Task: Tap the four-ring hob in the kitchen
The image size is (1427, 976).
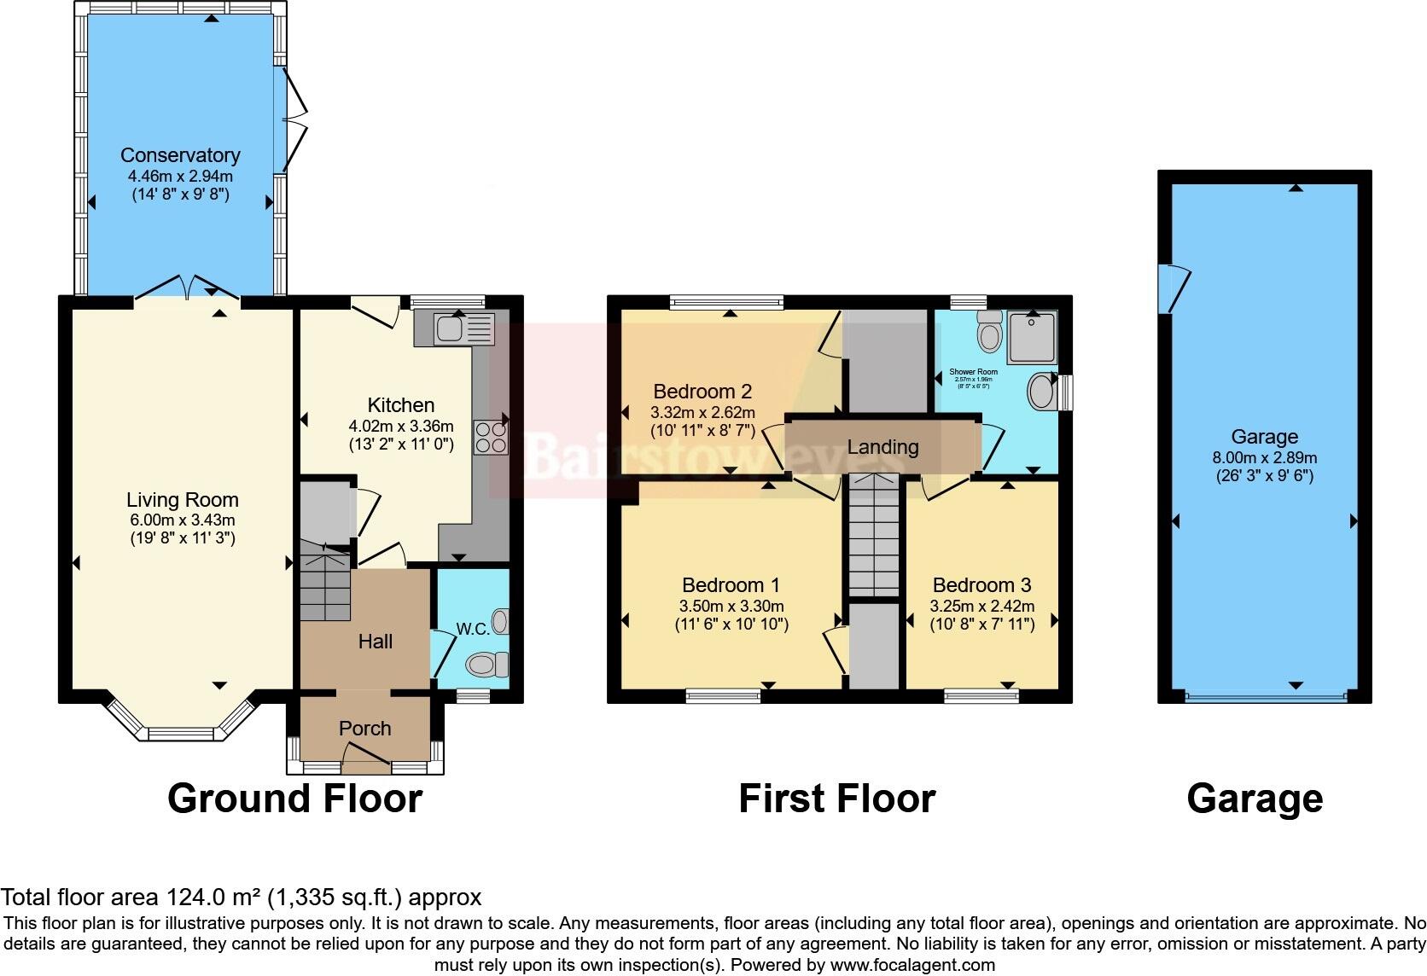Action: click(491, 438)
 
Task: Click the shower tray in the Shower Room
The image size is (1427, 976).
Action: click(1032, 335)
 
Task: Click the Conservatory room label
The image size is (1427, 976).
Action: click(180, 155)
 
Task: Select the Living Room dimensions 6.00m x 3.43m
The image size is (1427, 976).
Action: click(181, 520)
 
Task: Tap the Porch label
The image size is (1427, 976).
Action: click(365, 729)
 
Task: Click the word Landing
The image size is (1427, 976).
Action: click(882, 447)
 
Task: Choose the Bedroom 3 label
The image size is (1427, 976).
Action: click(981, 585)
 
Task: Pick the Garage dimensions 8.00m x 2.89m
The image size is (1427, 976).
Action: click(1264, 458)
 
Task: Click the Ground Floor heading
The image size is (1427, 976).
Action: click(294, 799)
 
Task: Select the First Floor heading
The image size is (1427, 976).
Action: click(836, 799)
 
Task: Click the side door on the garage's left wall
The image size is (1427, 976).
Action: click(1174, 288)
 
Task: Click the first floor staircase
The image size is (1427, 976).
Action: click(873, 536)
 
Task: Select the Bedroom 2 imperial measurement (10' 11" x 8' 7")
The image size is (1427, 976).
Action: click(702, 431)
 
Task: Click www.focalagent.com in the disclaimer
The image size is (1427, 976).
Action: click(912, 965)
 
